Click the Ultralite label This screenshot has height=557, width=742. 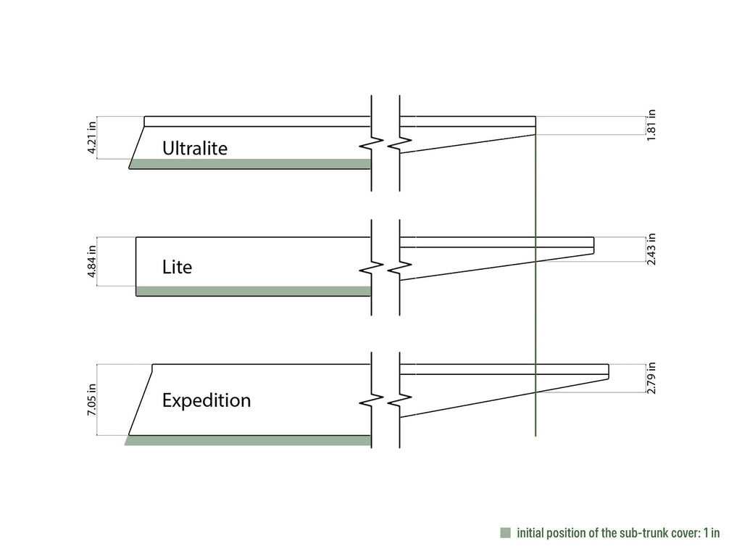194,148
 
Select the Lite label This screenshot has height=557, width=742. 177,267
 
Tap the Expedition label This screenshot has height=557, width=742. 207,400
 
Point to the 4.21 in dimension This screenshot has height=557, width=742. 92,137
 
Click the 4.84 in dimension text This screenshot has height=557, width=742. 92,261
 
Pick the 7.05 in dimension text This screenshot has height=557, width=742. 92,400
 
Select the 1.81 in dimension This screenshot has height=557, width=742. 651,125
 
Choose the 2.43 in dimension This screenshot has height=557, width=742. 651,249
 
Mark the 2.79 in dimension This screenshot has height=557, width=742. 651,378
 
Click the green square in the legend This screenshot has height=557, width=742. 505,533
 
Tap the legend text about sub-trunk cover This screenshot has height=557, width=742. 618,533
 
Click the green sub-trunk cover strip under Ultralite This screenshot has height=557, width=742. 250,164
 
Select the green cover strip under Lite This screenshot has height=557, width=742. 254,291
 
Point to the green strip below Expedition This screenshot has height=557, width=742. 248,440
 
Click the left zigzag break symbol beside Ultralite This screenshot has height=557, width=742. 372,143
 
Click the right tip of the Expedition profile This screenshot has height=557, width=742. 609,372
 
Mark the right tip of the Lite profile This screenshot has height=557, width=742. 594,245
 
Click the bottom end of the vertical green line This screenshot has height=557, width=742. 535,436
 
